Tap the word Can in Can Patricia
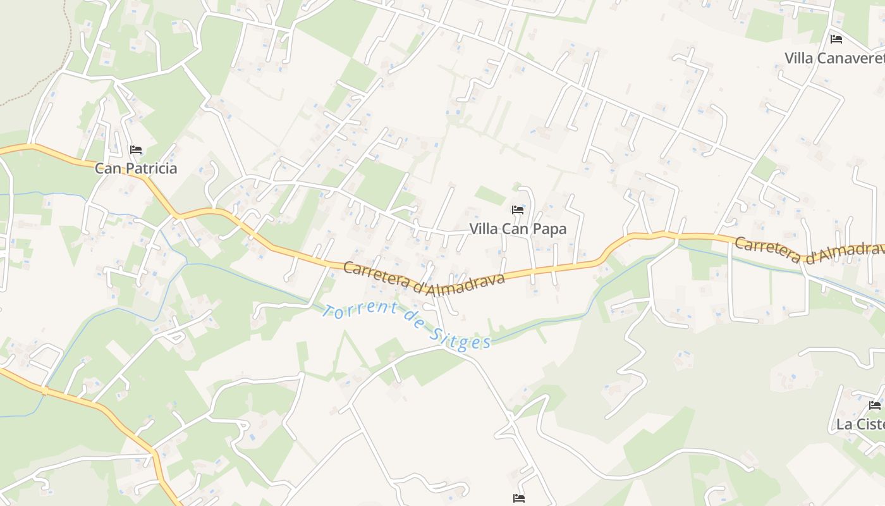(x=108, y=169)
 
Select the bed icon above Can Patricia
(x=135, y=150)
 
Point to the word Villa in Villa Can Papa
(x=484, y=229)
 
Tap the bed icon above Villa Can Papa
(x=518, y=210)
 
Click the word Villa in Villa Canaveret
(x=799, y=59)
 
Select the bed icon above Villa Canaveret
(x=836, y=39)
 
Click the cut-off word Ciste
(x=872, y=424)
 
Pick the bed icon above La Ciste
(x=875, y=405)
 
